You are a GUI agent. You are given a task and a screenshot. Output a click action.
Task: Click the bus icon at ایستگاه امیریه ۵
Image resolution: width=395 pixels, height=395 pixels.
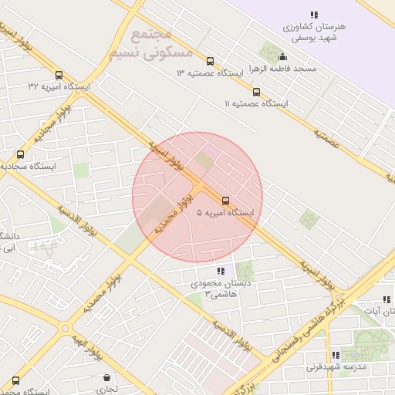pos(225,201)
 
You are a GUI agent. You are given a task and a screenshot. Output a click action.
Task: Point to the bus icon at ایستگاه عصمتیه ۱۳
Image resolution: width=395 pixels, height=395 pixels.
pos(211,62)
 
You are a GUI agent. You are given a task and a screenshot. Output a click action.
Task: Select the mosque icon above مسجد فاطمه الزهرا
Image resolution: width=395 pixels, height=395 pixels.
pos(282,56)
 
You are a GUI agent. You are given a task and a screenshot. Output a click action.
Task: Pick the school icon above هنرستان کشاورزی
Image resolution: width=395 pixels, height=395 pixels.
pos(313,15)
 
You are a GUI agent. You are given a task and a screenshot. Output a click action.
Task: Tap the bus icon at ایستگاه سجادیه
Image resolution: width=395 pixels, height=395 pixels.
pos(20,154)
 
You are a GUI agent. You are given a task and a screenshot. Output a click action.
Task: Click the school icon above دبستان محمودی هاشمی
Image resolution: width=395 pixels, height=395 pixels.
pos(221,271)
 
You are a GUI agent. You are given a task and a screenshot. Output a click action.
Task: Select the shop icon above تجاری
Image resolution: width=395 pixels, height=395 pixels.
pos(106,378)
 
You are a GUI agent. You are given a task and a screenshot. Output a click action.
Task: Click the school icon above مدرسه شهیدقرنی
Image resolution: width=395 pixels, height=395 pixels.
pos(335,356)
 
